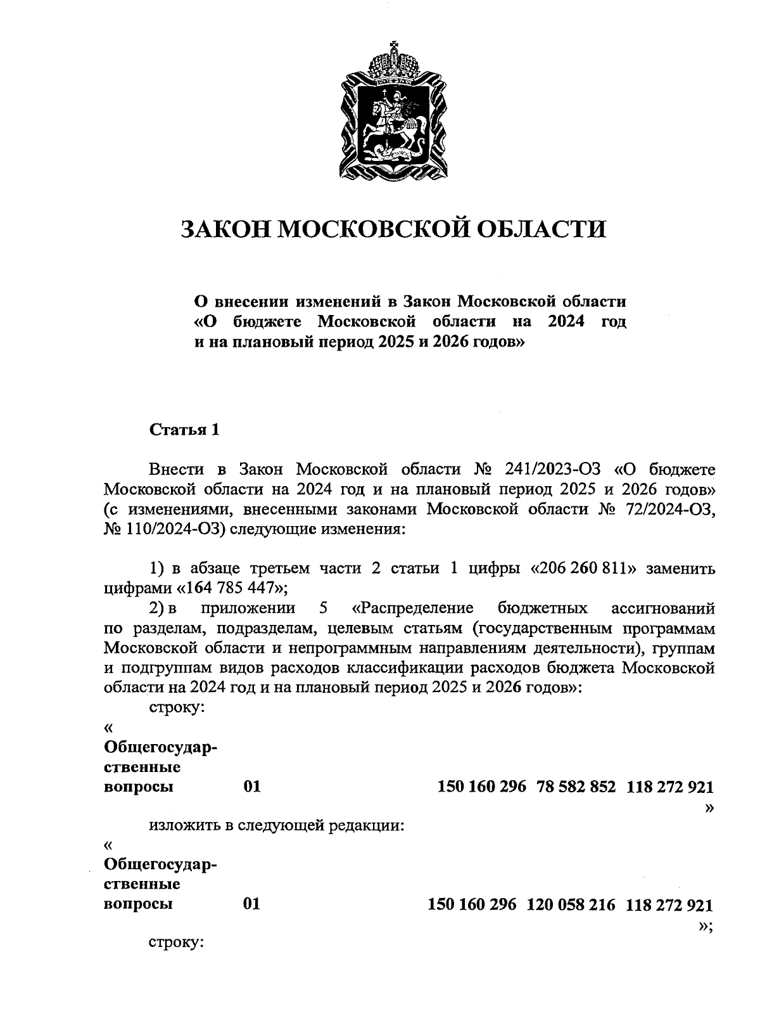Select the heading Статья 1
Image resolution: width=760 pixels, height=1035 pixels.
coord(184,430)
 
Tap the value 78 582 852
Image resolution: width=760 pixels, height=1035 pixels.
coord(576,787)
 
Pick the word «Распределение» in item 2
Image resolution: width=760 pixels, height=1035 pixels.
coord(412,608)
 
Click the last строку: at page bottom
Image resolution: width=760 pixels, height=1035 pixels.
coord(175,942)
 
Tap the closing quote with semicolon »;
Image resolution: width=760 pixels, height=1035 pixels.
coord(706,926)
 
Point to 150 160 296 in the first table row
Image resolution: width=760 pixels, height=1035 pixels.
coord(481,787)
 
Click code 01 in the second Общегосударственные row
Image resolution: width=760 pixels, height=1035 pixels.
coord(251,904)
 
